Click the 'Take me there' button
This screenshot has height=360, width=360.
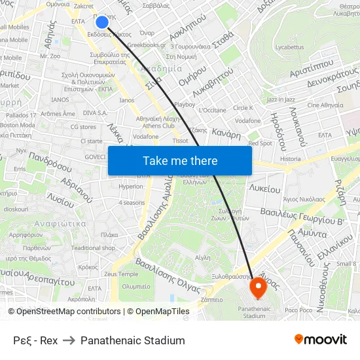[180, 161]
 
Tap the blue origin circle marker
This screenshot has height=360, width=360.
[102, 22]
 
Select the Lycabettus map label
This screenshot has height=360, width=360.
[289, 47]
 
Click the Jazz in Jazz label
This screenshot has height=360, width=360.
[281, 99]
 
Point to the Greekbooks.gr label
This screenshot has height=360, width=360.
[147, 45]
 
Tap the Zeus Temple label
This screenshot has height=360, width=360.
[120, 274]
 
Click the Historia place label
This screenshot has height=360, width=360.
[290, 159]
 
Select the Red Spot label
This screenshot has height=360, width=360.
[260, 143]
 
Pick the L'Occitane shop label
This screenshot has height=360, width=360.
[211, 110]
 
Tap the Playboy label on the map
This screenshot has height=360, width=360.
[185, 104]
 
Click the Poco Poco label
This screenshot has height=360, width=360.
[298, 310]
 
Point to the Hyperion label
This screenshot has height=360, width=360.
[131, 187]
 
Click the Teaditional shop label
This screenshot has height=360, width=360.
[94, 248]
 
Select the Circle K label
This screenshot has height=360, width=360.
[243, 107]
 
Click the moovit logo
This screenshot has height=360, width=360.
[321, 339]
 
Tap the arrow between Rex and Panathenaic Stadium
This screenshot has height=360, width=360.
[69, 340]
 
